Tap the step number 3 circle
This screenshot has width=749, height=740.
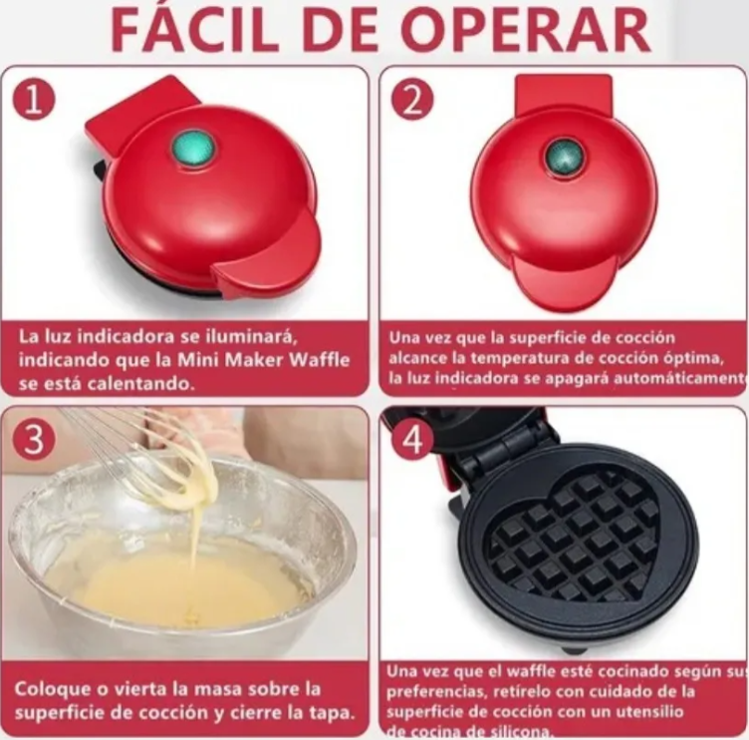click(x=33, y=438)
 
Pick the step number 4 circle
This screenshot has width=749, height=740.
click(x=411, y=438)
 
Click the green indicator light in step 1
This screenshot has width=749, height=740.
click(x=192, y=149)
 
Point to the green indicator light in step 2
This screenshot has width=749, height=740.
click(x=564, y=158)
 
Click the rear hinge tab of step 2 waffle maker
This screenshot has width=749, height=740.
click(x=564, y=93)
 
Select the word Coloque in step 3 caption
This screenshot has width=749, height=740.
click(x=49, y=689)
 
